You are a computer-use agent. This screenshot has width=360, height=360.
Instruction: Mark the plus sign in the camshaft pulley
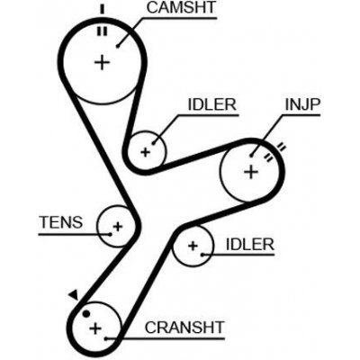point(102,62)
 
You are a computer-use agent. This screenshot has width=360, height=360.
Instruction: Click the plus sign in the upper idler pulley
point(145,151)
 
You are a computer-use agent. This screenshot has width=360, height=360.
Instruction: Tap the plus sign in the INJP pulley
point(251,170)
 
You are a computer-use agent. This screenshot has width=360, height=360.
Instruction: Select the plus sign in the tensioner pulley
point(116,226)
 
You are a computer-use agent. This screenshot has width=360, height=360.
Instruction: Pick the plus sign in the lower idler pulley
point(192,245)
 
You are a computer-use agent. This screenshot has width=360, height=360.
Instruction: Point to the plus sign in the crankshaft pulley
point(94,328)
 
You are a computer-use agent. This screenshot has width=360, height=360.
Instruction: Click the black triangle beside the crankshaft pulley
point(72,294)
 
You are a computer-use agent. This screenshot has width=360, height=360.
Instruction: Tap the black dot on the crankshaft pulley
point(85,314)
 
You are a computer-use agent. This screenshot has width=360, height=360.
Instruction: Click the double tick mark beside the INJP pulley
point(280,148)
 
